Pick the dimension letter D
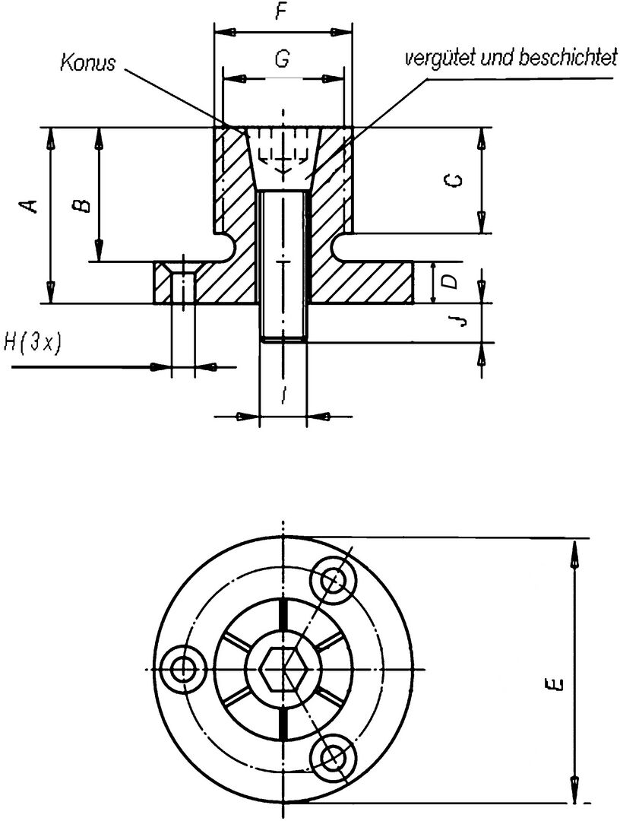tap(451, 282)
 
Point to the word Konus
tap(88, 62)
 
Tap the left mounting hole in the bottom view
tap(183, 670)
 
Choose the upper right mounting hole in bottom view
tap(334, 582)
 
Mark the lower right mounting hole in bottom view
tap(334, 757)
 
